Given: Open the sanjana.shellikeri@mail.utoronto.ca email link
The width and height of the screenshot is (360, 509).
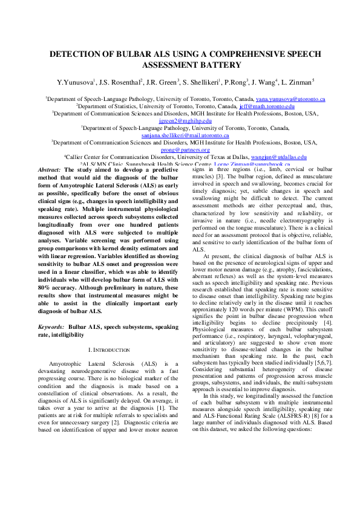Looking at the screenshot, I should (x=180, y=135).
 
